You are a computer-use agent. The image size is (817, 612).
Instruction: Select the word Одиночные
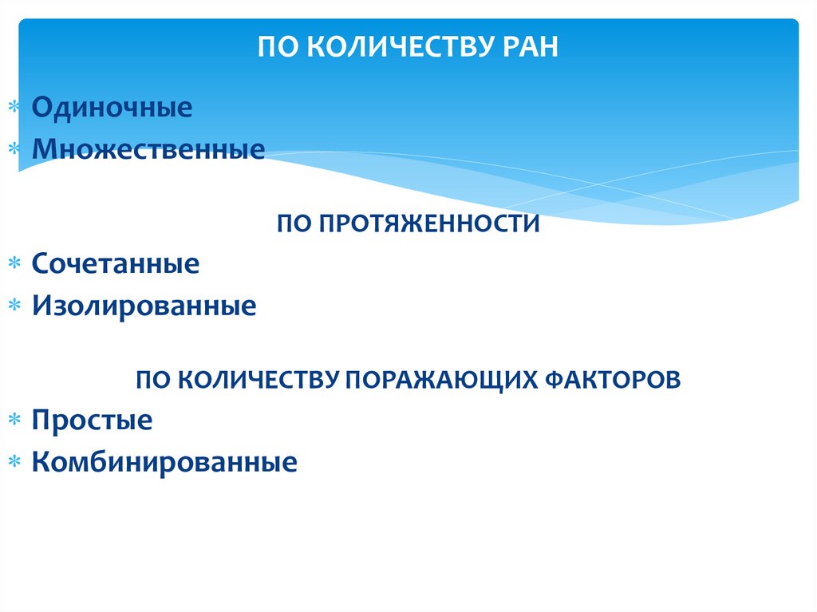112,107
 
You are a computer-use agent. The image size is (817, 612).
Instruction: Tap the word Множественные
148,148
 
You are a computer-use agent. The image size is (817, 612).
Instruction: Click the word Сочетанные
116,263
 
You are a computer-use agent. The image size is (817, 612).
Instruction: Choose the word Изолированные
144,306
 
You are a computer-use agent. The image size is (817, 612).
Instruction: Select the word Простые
92,420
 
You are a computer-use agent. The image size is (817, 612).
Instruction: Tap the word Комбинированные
164,462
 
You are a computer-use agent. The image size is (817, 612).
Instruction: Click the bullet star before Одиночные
14,108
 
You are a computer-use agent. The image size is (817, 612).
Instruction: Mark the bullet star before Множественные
14,149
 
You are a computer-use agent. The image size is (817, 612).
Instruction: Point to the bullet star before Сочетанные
14,264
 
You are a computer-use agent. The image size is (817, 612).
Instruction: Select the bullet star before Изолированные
14,306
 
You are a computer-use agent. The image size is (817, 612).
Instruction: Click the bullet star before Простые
14,421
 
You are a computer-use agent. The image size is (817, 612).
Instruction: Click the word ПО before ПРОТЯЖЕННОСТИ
294,224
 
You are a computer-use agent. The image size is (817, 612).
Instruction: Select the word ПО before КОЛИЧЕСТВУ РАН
274,47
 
